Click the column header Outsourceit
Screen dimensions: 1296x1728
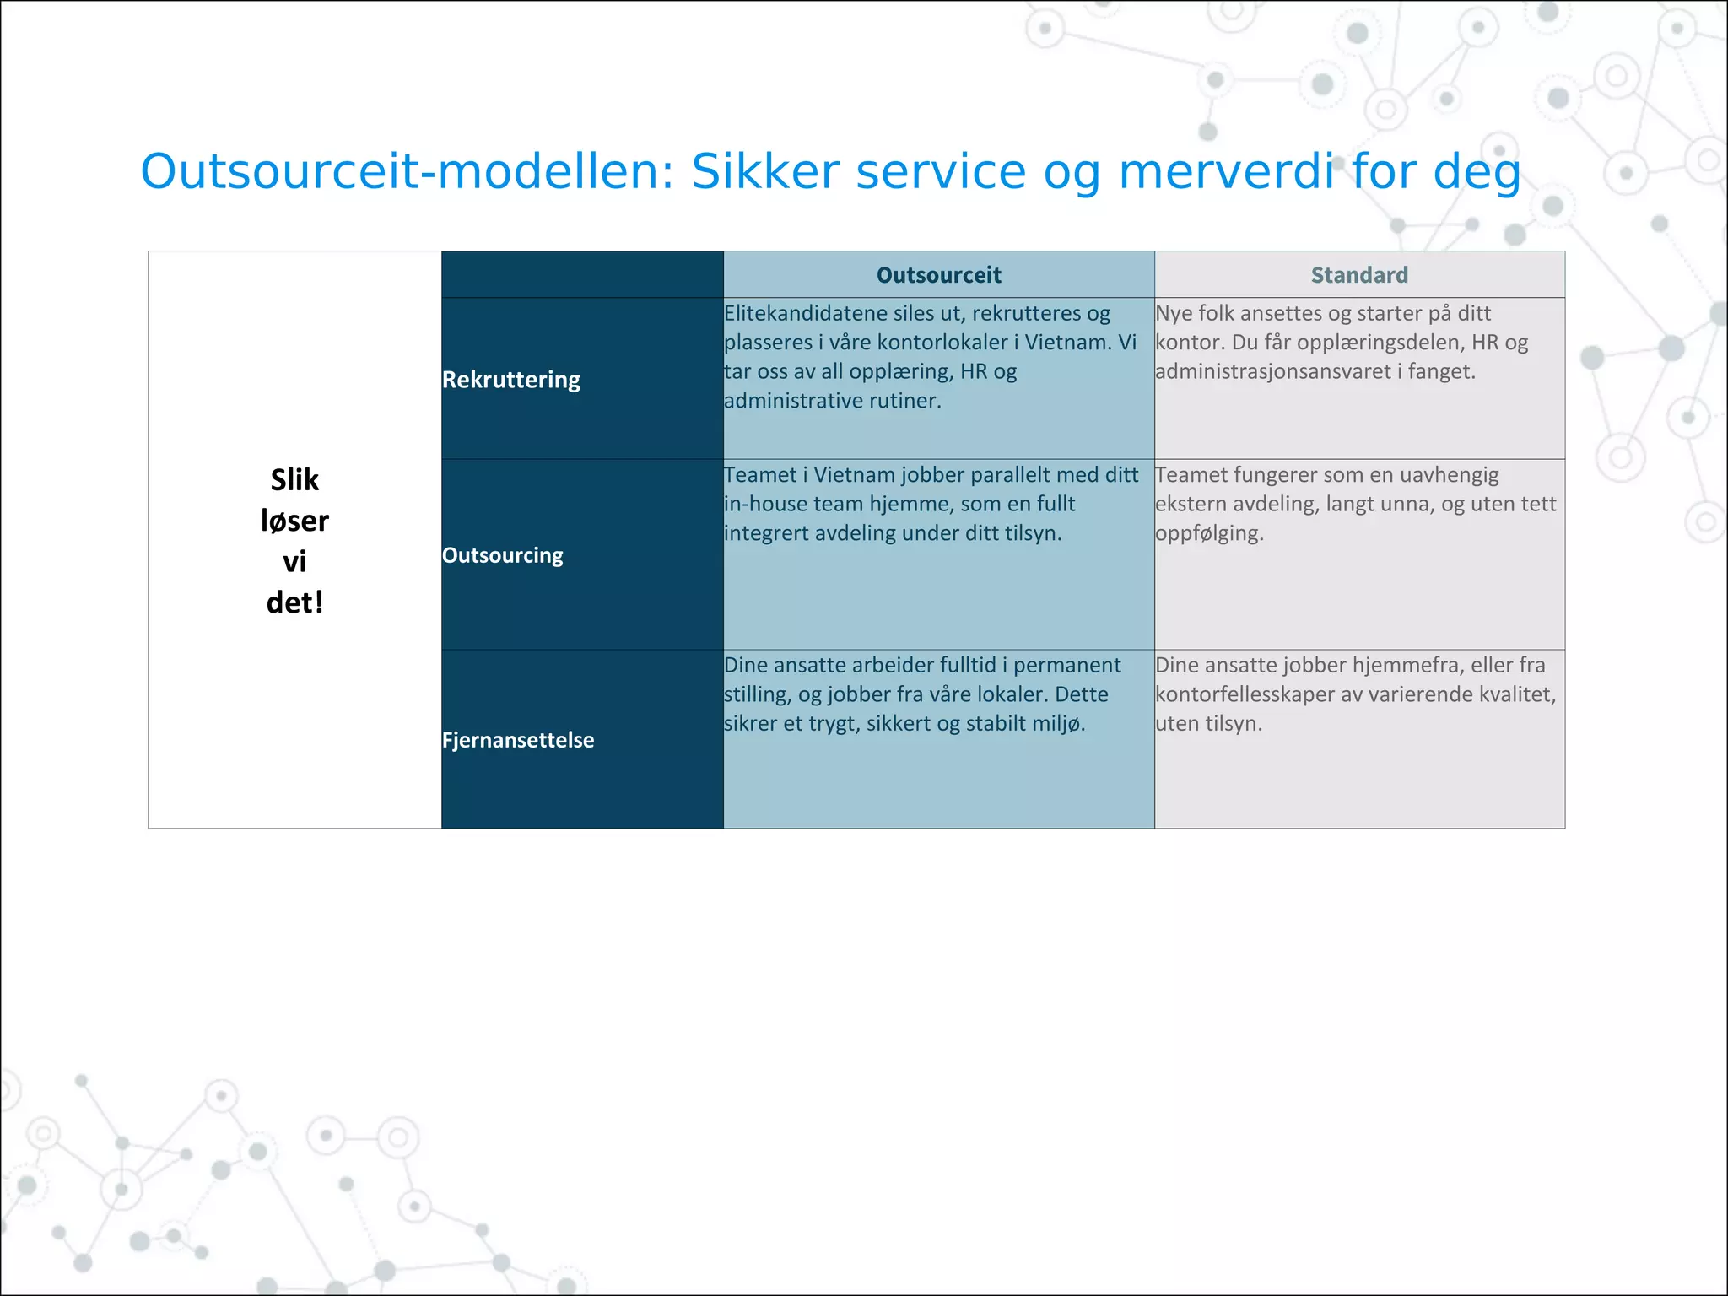pyautogui.click(x=938, y=275)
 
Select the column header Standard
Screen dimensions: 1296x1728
pyautogui.click(x=1359, y=275)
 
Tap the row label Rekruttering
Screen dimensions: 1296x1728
pyautogui.click(x=511, y=380)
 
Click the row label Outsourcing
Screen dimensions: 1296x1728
pyautogui.click(x=503, y=555)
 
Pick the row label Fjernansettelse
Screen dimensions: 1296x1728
pyautogui.click(x=518, y=740)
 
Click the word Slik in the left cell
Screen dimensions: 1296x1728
pyautogui.click(x=294, y=480)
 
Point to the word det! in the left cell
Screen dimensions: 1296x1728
pyautogui.click(x=294, y=602)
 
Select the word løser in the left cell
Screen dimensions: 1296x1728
pyautogui.click(x=294, y=521)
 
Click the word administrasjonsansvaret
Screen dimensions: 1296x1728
pyautogui.click(x=1272, y=372)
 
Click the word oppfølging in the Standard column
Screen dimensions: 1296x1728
pyautogui.click(x=1208, y=534)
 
